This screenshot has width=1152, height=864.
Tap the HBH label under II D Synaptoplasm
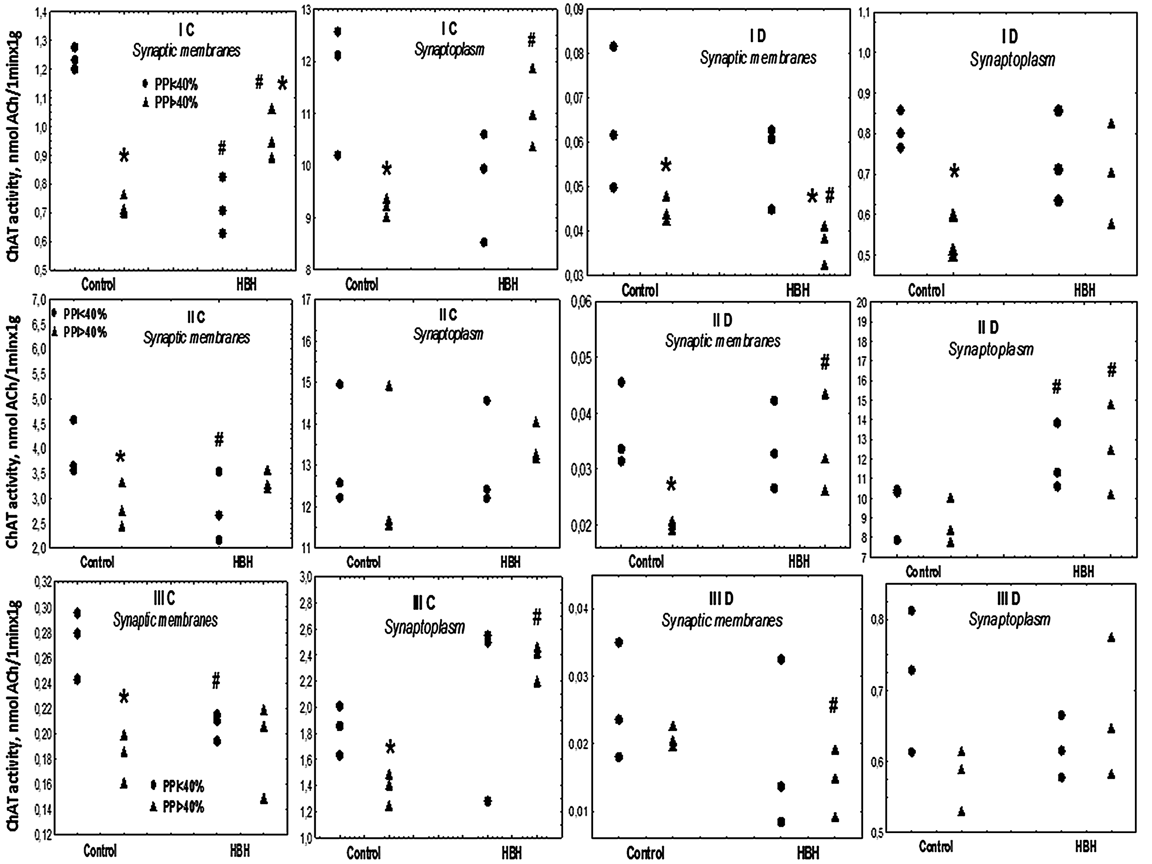(1083, 572)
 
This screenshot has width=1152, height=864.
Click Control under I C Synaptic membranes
(98, 285)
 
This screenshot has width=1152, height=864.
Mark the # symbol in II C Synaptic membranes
(219, 440)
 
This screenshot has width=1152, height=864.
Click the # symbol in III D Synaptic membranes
(833, 706)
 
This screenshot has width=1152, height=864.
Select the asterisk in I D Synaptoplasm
(953, 171)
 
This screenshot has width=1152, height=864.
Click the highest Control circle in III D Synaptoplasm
(911, 611)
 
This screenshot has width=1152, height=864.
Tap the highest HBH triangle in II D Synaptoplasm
(1111, 405)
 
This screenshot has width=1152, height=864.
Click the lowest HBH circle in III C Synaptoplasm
(488, 801)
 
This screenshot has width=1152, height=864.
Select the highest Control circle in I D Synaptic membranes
(614, 47)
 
